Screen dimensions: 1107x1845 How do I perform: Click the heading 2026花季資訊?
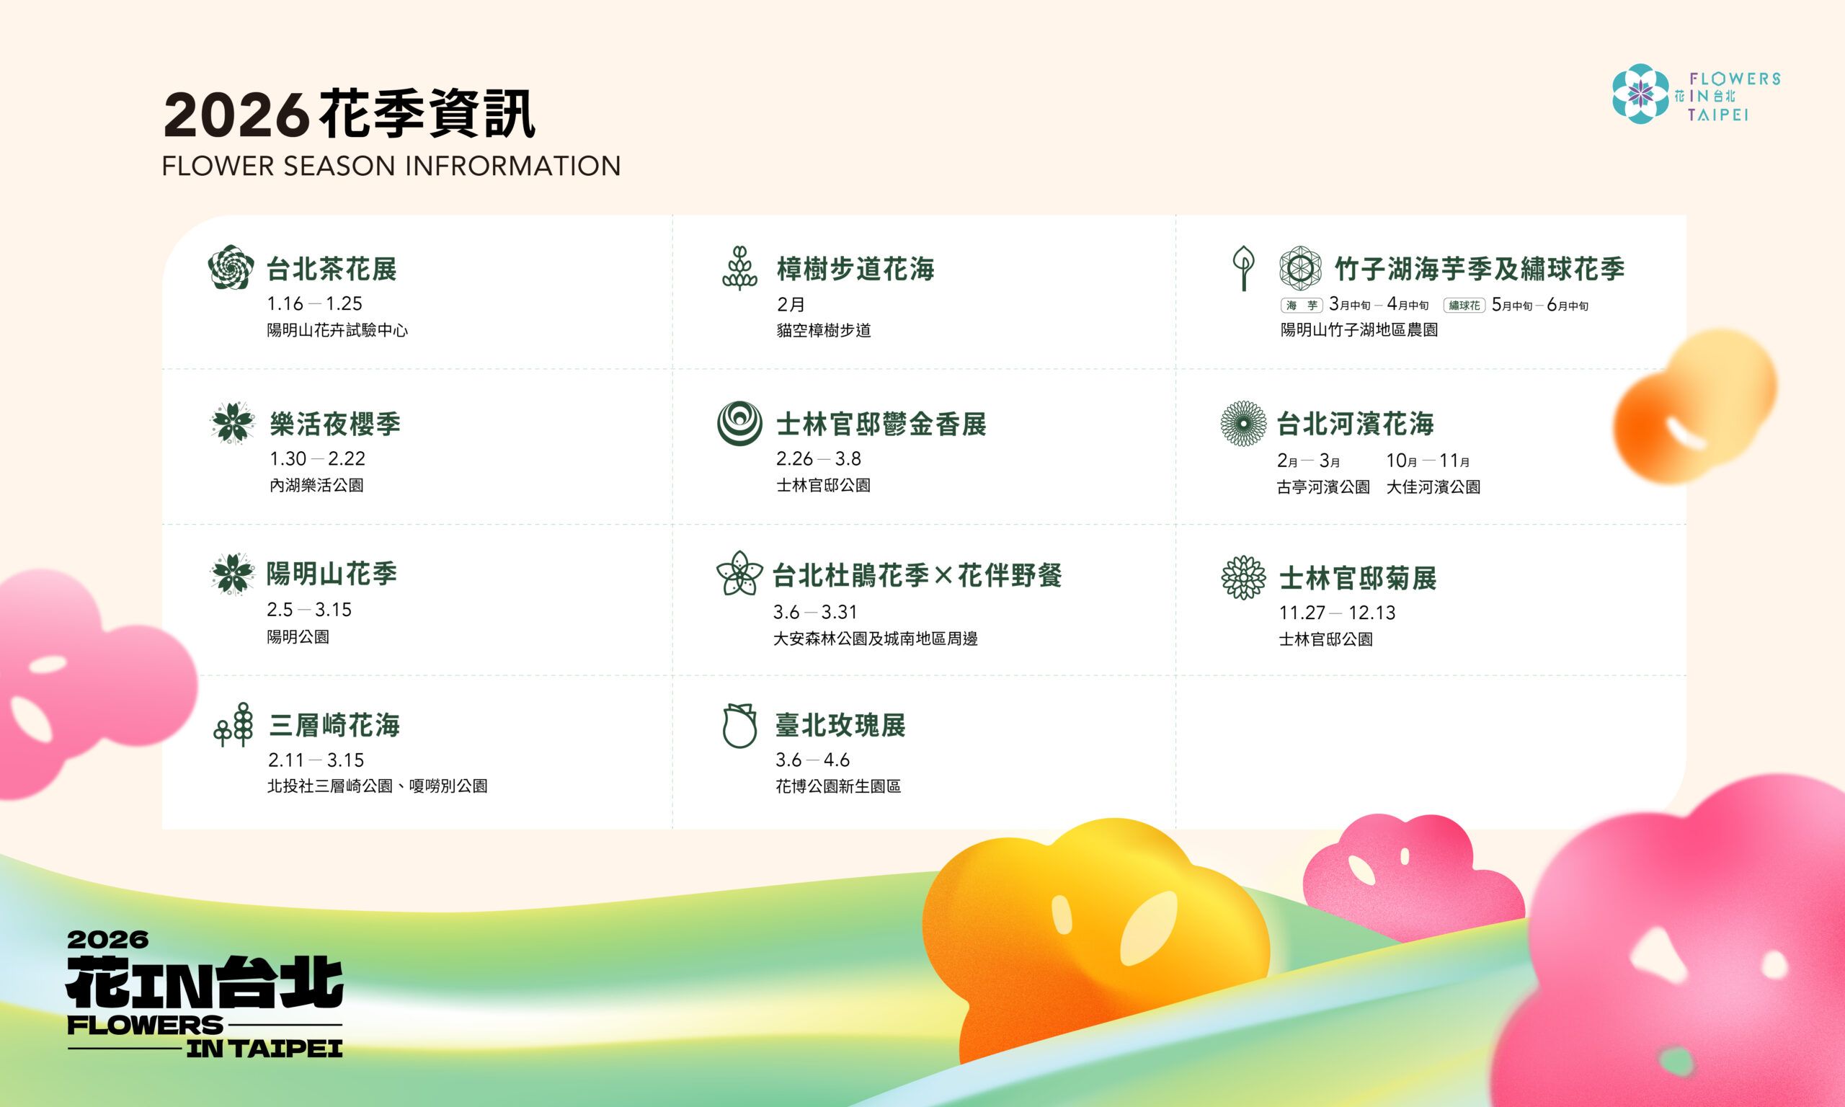[349, 114]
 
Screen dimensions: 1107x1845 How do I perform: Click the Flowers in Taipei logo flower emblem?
[1640, 94]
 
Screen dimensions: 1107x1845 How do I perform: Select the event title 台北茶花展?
[332, 270]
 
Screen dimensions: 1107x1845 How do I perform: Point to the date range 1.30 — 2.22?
[317, 459]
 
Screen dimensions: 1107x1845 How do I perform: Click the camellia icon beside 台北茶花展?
[231, 267]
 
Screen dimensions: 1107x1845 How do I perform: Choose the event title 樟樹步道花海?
[855, 270]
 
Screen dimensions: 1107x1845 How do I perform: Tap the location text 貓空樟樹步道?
[823, 331]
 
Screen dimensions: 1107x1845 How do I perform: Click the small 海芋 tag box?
[1302, 306]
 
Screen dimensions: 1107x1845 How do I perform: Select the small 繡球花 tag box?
[1464, 306]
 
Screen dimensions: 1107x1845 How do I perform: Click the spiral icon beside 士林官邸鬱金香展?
[739, 423]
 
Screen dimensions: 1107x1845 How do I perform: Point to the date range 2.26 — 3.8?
[818, 459]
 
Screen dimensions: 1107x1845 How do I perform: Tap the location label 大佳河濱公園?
[1433, 487]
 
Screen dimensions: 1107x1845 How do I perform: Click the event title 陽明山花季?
[332, 574]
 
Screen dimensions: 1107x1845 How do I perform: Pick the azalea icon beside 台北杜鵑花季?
[739, 574]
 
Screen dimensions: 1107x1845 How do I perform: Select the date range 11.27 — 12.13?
[1336, 613]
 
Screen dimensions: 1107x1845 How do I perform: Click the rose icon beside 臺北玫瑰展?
[739, 725]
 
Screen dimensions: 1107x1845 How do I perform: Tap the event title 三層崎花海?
[334, 725]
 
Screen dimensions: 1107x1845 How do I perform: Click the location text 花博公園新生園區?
[837, 786]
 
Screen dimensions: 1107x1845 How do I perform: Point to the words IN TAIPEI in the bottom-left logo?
[264, 1049]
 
